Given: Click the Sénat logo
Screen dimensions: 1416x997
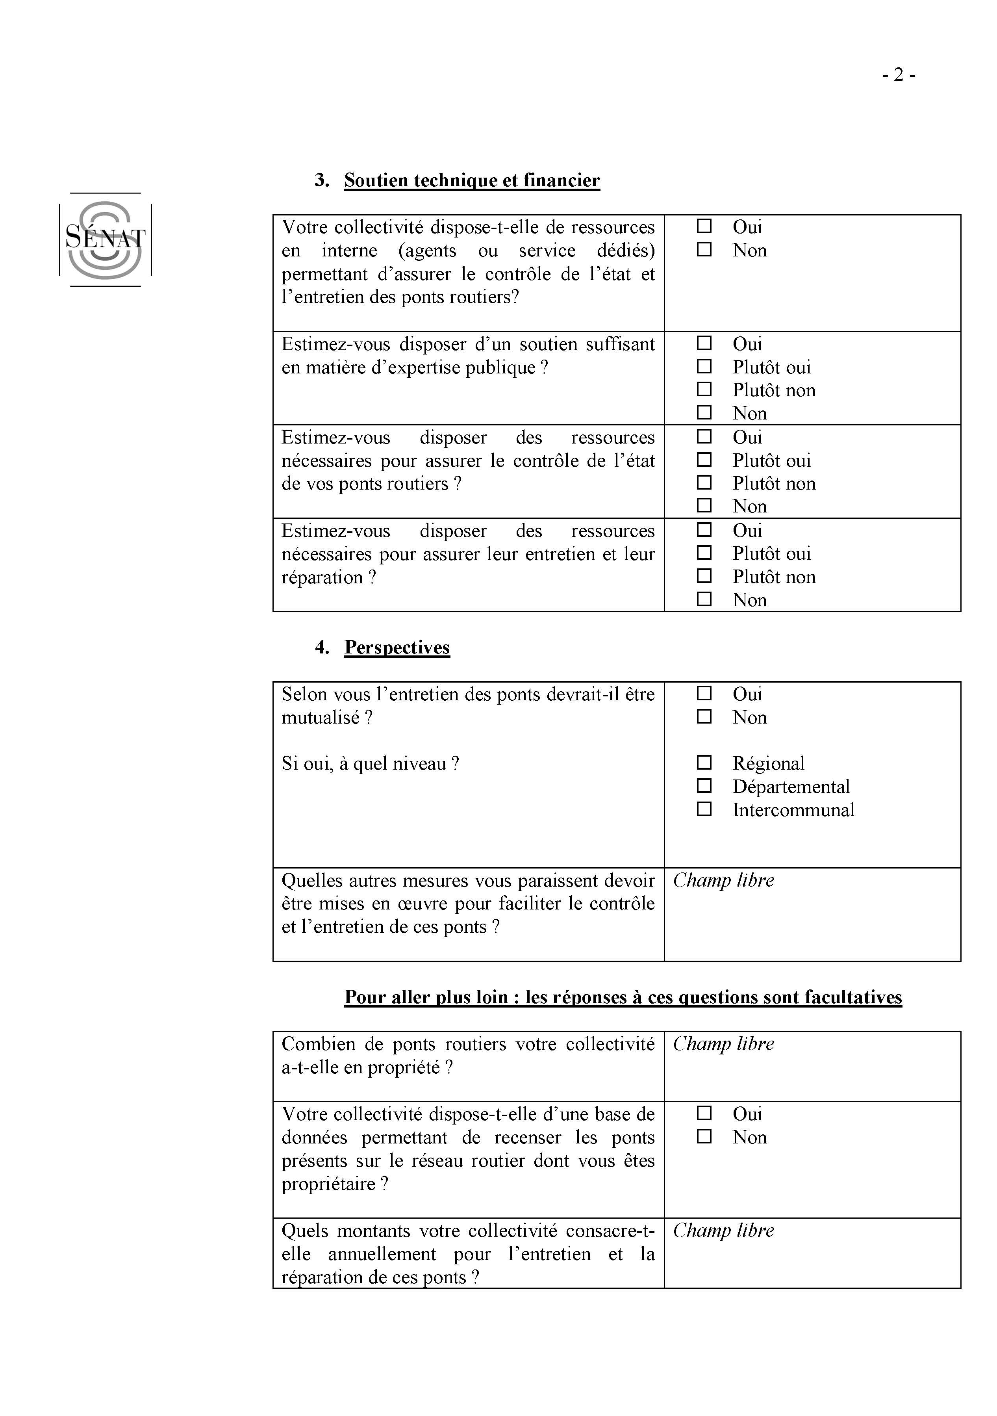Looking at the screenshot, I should (106, 239).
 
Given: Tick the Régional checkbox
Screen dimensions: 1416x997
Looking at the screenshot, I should (704, 763).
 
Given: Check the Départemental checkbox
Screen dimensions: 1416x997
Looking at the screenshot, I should (704, 786).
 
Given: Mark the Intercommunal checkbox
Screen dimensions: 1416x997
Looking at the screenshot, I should (704, 809).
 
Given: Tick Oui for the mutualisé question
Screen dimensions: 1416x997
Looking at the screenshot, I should (704, 694).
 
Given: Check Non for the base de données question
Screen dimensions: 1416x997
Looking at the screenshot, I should (704, 1137).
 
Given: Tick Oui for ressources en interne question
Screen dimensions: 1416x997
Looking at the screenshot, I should (704, 226).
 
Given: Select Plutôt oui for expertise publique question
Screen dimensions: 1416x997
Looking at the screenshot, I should (704, 366).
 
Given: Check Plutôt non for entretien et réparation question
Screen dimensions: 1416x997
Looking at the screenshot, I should (704, 576).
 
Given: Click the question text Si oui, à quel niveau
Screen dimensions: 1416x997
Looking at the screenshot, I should (370, 763).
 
